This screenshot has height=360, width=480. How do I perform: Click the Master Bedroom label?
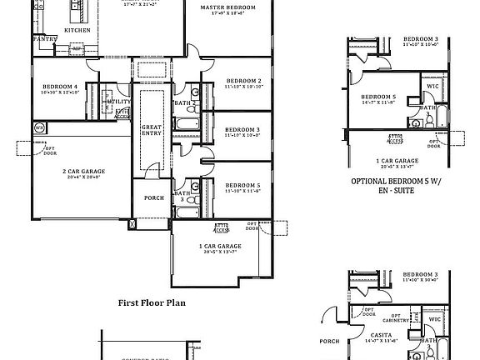coord(227,7)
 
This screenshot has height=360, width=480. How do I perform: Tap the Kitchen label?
coord(77,29)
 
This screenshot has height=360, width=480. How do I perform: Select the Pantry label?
coord(43,38)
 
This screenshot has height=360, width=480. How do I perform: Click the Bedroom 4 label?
coord(60,86)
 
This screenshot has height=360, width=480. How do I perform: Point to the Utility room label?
coord(118,101)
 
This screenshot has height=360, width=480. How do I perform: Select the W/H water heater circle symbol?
coord(39,127)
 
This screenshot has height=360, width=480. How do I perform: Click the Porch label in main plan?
coord(153,197)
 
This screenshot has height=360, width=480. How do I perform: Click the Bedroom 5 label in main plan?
coord(242,185)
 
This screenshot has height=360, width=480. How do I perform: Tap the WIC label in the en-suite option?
coord(432,85)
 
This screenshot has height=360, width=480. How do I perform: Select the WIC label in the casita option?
coord(433,318)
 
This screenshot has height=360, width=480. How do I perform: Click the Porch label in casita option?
coord(330,340)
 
